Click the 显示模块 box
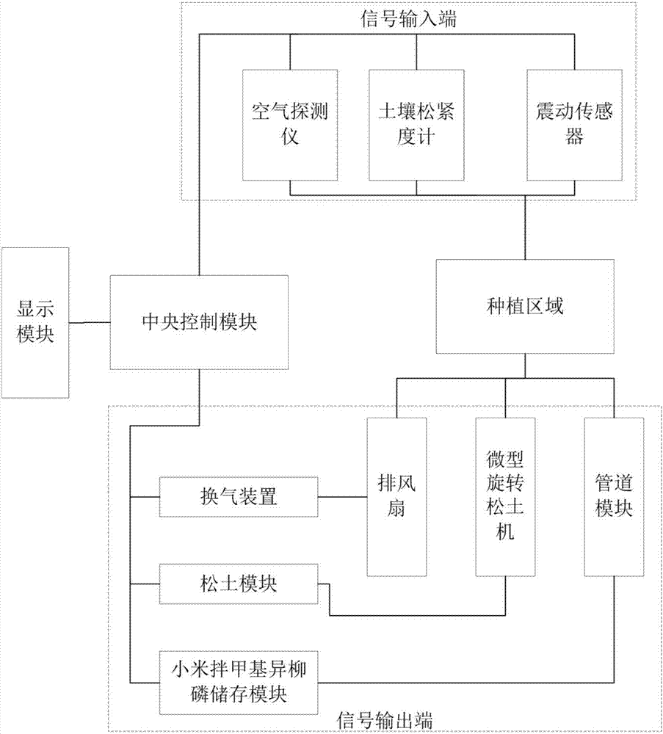35,322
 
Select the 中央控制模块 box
199,322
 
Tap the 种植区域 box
525,307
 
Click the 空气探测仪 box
291,125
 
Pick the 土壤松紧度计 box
416,125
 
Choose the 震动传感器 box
574,125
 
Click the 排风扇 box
396,496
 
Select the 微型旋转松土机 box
505,496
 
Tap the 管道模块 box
614,496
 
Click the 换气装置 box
239,497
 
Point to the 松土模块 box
239,584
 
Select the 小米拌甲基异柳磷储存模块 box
239,680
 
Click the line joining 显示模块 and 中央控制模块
90,322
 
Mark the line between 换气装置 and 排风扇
342,497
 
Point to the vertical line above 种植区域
525,227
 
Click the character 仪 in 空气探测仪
291,137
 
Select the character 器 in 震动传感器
574,137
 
